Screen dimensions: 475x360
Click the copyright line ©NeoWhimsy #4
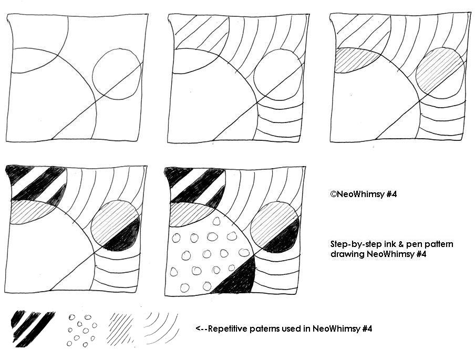(364, 194)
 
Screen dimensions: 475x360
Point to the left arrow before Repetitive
(201, 329)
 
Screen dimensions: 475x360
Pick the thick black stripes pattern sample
(33, 328)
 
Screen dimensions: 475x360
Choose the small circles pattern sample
(82, 330)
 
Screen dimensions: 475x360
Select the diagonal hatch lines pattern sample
(121, 330)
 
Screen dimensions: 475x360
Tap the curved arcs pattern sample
(161, 328)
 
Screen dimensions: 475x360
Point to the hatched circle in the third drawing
(440, 72)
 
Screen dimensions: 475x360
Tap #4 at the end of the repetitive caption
(367, 328)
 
